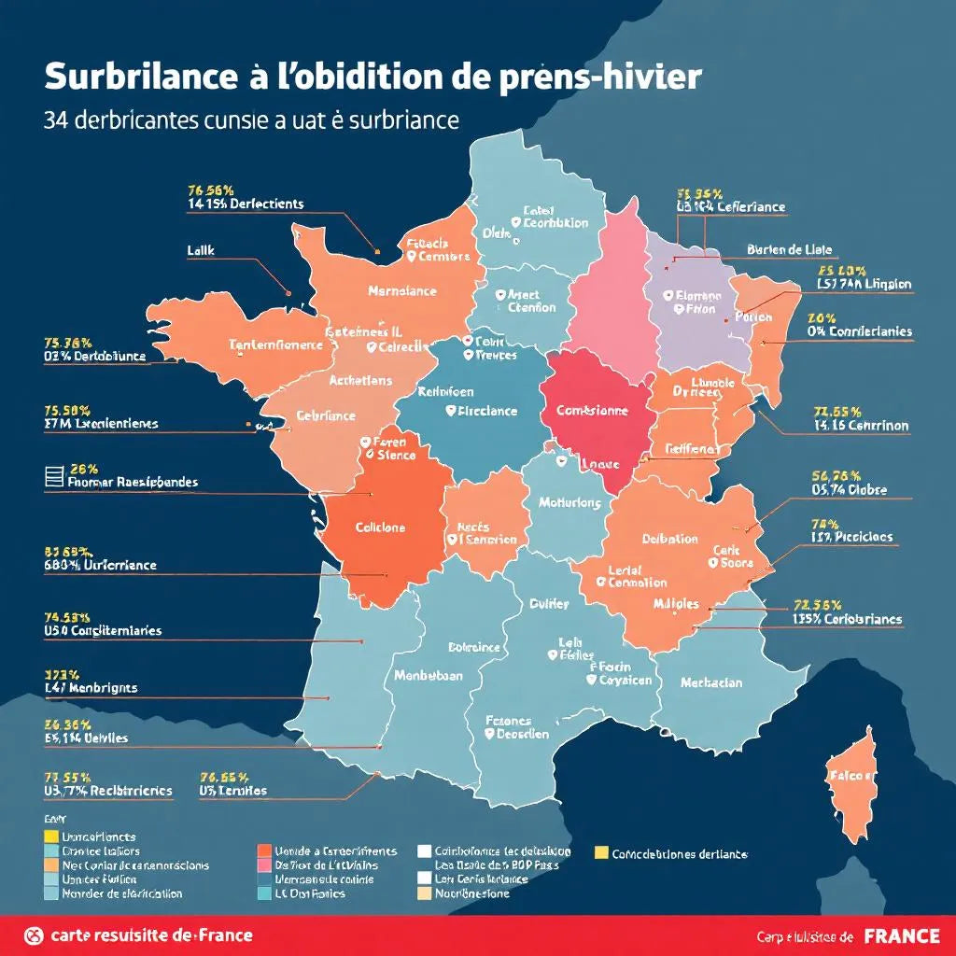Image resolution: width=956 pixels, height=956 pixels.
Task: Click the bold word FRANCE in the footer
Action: (903, 935)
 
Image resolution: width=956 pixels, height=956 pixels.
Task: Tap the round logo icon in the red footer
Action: (34, 935)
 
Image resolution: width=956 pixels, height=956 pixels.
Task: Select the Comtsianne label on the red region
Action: (592, 410)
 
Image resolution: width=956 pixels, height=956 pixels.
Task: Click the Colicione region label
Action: (381, 527)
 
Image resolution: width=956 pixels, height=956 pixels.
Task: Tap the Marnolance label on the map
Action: (401, 290)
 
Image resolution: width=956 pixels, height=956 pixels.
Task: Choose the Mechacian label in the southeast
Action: (711, 682)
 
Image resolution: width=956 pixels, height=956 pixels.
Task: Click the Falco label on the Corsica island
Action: (851, 776)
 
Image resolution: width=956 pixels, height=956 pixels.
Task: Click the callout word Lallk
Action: (202, 250)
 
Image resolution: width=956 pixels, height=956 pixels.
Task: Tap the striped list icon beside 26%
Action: (54, 476)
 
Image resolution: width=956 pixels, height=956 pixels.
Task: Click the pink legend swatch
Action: (263, 865)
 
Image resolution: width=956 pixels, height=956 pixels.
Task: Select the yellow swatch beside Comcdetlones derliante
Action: (602, 852)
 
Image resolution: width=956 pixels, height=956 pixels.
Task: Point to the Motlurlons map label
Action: (569, 502)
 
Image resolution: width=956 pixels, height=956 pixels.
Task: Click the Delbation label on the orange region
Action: (669, 539)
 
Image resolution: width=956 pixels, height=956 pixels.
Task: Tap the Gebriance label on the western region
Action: (327, 415)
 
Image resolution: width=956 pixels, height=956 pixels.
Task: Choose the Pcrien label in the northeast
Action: (754, 316)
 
